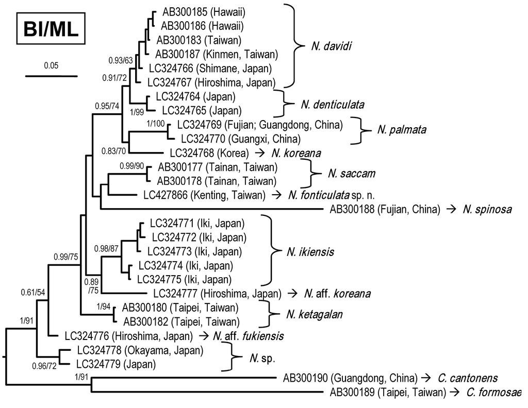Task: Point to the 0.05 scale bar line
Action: point(51,76)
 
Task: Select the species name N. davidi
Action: point(331,47)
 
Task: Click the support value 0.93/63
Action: point(121,61)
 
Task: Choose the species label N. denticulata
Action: point(332,105)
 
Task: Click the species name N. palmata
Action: point(401,129)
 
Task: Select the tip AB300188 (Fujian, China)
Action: point(385,209)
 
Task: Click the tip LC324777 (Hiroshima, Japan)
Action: point(217,294)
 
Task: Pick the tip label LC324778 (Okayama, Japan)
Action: point(140,350)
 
